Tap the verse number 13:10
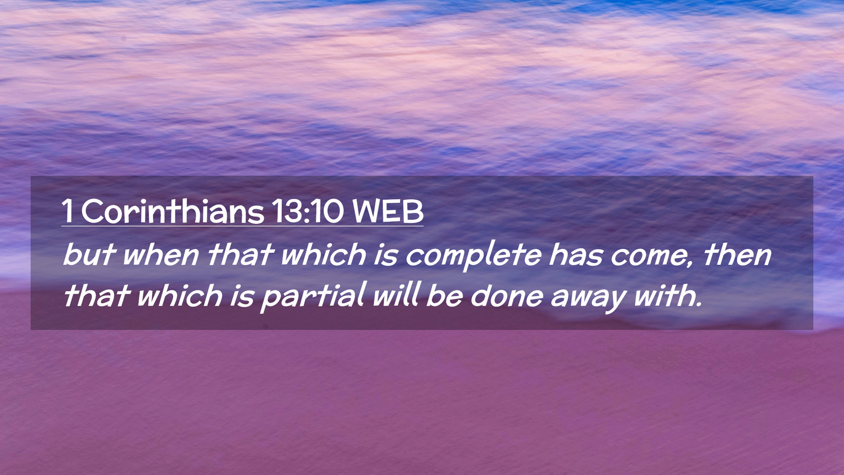pos(307,212)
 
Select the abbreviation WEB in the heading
pos(388,212)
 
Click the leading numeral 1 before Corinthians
pos(67,212)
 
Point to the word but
pos(89,255)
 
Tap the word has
pos(575,255)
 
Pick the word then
pos(737,255)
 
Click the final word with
pos(664,295)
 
